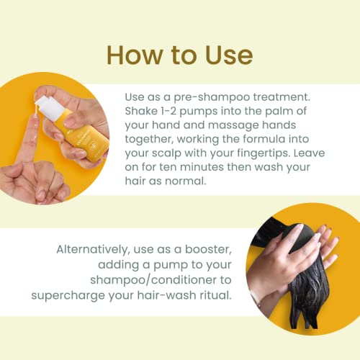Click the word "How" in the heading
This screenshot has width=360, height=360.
pos(135,55)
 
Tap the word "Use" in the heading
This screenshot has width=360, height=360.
pos(229,55)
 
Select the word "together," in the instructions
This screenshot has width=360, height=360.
pos(149,140)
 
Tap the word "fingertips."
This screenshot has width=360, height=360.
pos(264,153)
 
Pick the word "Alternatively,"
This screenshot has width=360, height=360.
pos(94,250)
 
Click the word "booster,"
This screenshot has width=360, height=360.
pos(208,250)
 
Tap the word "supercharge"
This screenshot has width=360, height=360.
pos(68,296)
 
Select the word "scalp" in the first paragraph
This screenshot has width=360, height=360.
pos(167,153)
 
